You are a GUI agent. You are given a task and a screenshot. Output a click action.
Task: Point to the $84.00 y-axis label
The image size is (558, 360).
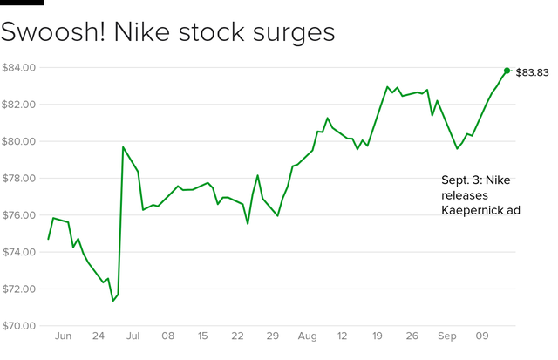pyautogui.click(x=18, y=67)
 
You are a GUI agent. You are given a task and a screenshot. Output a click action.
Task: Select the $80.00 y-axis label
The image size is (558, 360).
pyautogui.click(x=18, y=141)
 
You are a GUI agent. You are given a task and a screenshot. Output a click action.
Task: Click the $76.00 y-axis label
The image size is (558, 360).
pyautogui.click(x=18, y=215)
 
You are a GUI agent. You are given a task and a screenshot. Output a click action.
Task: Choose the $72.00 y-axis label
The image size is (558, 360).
pyautogui.click(x=18, y=289)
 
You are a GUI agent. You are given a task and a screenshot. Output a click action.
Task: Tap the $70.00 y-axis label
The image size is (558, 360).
pyautogui.click(x=18, y=326)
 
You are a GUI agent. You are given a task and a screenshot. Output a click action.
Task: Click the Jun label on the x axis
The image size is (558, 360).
pyautogui.click(x=62, y=335)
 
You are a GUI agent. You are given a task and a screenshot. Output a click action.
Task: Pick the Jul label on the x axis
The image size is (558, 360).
pyautogui.click(x=133, y=335)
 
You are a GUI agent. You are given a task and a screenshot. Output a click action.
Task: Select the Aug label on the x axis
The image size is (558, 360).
pyautogui.click(x=308, y=335)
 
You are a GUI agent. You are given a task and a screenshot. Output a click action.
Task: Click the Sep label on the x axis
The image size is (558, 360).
pyautogui.click(x=447, y=335)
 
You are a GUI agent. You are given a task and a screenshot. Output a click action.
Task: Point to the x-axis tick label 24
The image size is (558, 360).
pyautogui.click(x=98, y=335)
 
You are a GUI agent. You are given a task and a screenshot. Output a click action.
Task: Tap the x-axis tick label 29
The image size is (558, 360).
pyautogui.click(x=273, y=335)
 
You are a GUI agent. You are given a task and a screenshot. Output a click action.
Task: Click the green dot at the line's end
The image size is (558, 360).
pyautogui.click(x=507, y=71)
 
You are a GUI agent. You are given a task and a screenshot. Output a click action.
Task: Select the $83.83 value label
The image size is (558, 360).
pyautogui.click(x=532, y=72)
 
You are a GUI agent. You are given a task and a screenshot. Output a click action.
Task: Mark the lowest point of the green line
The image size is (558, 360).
pyautogui.click(x=113, y=301)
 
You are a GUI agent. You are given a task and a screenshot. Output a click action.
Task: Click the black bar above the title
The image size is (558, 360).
pyautogui.click(x=22, y=3)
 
